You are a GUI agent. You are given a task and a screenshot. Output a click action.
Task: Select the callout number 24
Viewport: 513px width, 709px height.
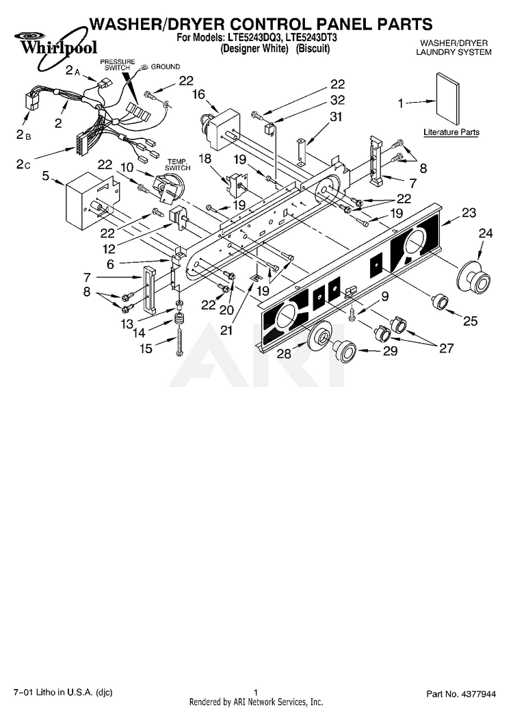click(x=485, y=234)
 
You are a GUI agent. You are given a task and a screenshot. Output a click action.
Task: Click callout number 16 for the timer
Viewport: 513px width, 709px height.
click(x=199, y=94)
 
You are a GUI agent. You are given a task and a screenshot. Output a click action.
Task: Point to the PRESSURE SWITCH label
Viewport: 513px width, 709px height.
click(x=118, y=66)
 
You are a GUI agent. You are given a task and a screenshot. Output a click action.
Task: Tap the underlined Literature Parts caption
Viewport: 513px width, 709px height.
click(x=451, y=132)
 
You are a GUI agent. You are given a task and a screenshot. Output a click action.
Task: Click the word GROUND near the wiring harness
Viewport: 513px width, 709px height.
click(x=166, y=66)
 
